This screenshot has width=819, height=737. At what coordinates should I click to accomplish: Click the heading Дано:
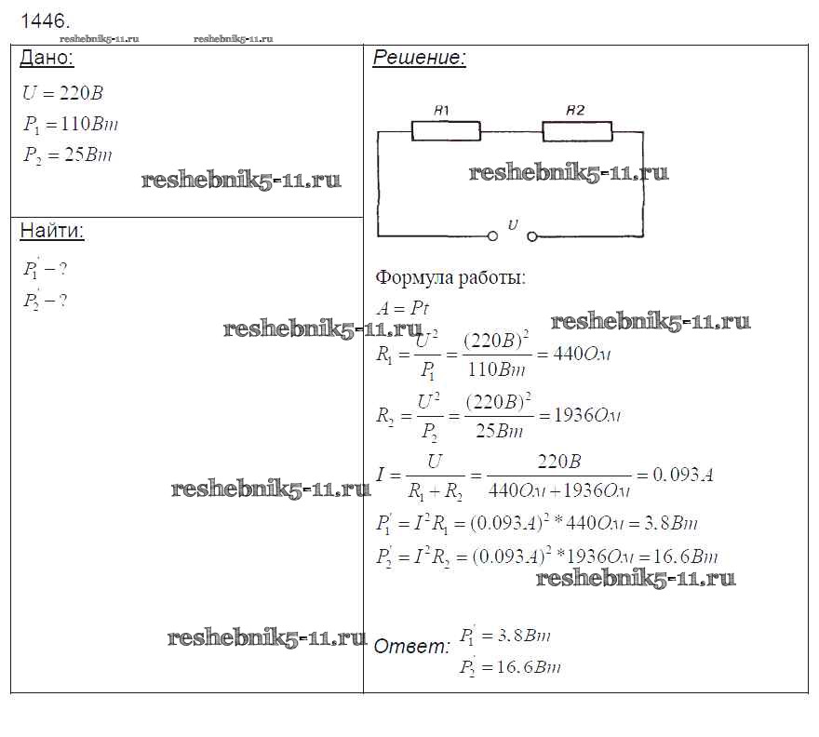(x=47, y=59)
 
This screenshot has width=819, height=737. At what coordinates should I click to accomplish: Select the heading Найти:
(x=52, y=232)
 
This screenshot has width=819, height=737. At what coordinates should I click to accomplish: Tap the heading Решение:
(x=419, y=59)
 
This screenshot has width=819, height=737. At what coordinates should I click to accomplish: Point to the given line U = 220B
(x=63, y=94)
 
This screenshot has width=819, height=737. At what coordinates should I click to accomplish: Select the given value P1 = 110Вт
(x=71, y=125)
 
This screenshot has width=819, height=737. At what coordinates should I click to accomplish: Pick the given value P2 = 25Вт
(x=67, y=154)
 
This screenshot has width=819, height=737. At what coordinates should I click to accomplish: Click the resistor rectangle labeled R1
(x=446, y=131)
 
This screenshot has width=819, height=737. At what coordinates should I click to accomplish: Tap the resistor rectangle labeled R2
(x=577, y=131)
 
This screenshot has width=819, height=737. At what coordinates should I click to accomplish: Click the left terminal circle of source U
(x=492, y=236)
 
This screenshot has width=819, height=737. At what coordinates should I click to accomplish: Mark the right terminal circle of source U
(x=532, y=236)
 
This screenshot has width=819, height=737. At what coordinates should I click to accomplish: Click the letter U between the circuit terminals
(x=513, y=223)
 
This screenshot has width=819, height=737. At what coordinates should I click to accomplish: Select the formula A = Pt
(x=402, y=309)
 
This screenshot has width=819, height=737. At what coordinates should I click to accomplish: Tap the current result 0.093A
(x=681, y=475)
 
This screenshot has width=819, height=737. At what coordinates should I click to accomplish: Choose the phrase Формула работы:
(x=450, y=277)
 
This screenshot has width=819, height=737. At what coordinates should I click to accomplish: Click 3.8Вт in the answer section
(x=524, y=636)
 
